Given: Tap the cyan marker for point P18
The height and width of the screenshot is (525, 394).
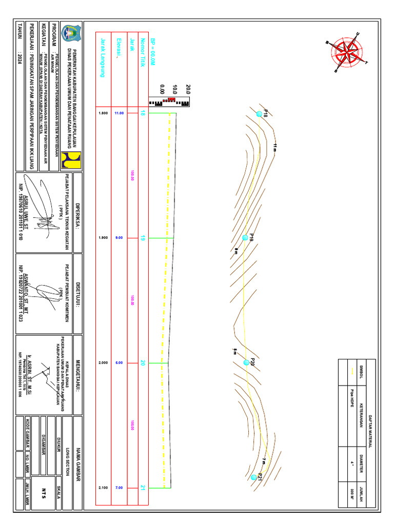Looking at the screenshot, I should (x=260, y=113).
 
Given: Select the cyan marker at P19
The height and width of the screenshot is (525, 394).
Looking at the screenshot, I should (x=245, y=238).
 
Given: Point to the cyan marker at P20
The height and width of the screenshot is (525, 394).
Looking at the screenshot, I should (x=247, y=362).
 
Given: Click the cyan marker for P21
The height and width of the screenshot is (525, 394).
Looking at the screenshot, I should (x=253, y=477).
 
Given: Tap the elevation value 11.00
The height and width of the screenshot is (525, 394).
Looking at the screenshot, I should (x=119, y=113).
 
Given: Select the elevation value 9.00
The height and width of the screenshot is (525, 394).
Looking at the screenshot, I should (x=119, y=238).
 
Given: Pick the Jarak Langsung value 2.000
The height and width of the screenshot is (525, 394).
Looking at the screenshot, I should (x=103, y=363).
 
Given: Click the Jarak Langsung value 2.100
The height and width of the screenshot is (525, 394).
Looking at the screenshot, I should (x=103, y=488).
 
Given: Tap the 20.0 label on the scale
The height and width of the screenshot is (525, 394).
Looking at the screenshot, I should (x=188, y=90).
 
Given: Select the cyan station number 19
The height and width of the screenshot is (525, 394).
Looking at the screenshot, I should (x=143, y=238).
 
